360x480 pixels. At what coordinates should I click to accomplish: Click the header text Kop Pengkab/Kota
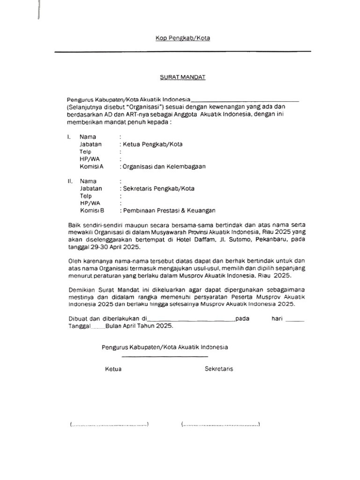(x=182, y=38)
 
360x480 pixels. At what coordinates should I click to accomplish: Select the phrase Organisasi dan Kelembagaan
(x=164, y=166)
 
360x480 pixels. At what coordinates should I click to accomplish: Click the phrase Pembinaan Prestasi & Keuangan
(x=169, y=210)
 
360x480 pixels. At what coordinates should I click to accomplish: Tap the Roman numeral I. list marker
(x=69, y=137)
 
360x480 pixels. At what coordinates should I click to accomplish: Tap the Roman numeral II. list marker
(x=70, y=181)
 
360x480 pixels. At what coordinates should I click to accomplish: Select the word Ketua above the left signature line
(x=113, y=369)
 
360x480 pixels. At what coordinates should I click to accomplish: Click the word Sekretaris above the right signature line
(x=219, y=369)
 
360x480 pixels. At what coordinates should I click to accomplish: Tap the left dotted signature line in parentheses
(x=109, y=425)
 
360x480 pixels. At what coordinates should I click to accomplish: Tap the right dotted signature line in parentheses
(x=220, y=425)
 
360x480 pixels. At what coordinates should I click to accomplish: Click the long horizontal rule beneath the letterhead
(x=182, y=52)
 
